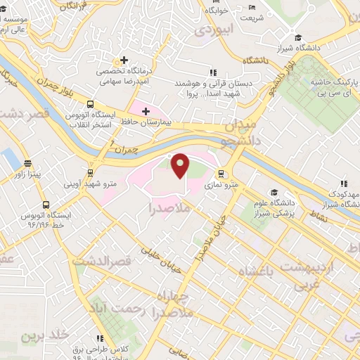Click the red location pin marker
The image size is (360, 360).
181,165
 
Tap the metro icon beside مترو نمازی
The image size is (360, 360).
221,174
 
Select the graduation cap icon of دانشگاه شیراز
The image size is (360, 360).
299,38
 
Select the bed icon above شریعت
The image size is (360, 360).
252,9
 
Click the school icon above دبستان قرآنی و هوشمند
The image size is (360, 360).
213,72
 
